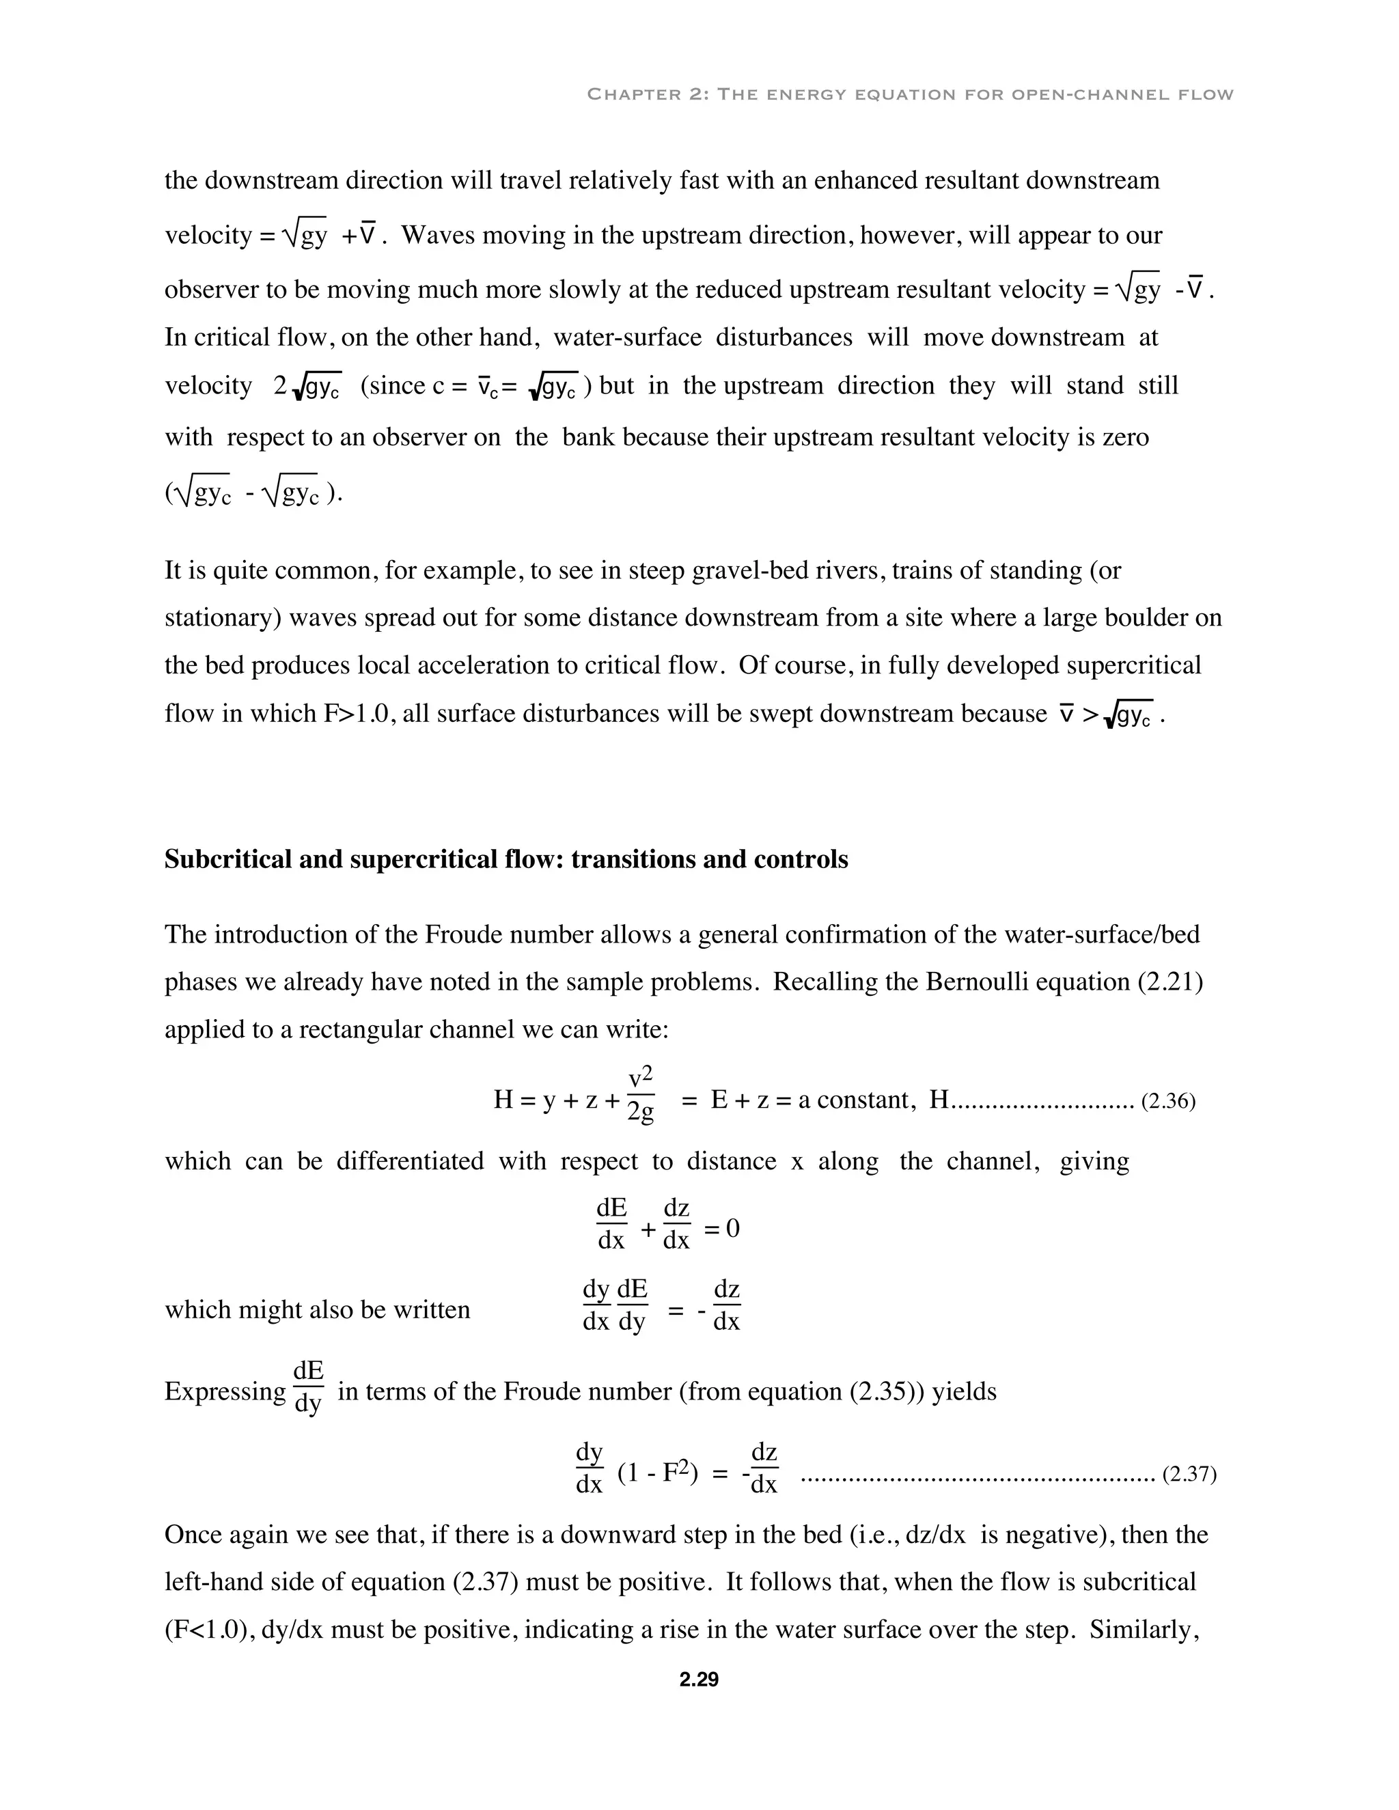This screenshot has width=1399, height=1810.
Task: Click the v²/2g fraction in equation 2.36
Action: [641, 1096]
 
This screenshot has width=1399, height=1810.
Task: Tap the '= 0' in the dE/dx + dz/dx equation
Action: [721, 1229]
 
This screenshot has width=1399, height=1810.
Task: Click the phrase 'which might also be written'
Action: [318, 1310]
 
